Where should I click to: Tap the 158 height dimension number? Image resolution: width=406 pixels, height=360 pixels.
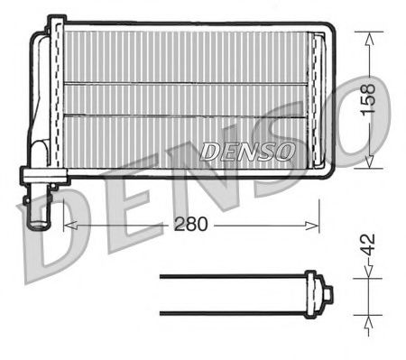pos(370,98)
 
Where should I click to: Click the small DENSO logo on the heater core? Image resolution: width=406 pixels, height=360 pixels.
pos(246,151)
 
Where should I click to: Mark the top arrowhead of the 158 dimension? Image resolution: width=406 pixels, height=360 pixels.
pos(370,37)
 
